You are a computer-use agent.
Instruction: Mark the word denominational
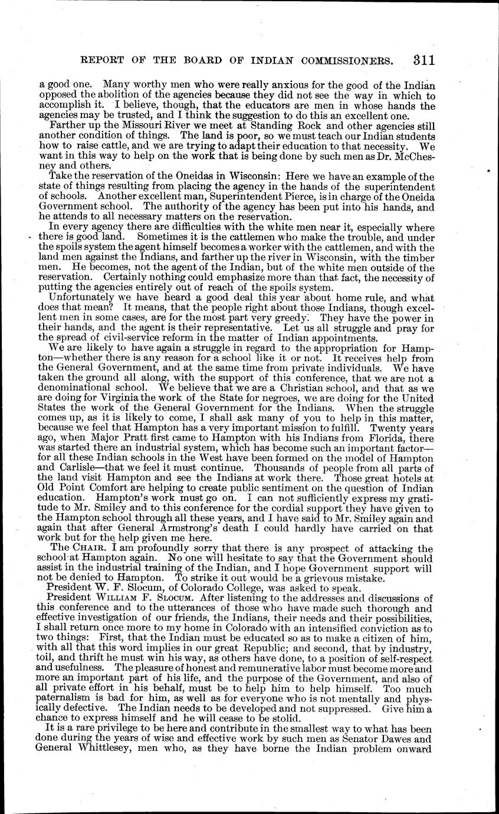[x=72, y=389]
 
